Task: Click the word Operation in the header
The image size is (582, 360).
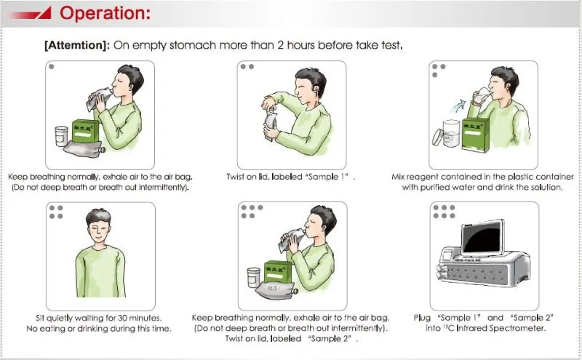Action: tap(105, 13)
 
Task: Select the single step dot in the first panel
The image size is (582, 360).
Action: tap(52, 67)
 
